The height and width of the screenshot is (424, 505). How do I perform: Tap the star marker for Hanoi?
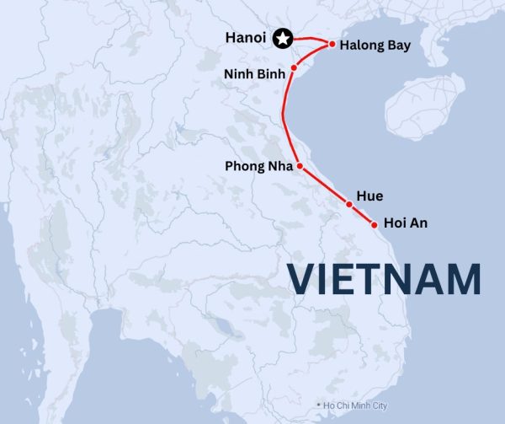[284, 38]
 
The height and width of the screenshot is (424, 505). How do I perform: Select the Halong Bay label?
[375, 45]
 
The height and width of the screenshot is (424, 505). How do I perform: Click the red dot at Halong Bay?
[332, 44]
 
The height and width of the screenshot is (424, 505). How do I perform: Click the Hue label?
[369, 196]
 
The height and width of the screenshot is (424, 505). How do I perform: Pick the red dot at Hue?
[348, 204]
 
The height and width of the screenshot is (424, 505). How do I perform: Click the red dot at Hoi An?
[374, 224]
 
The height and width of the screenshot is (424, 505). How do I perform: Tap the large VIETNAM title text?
[385, 279]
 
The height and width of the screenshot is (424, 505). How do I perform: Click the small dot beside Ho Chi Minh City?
[319, 405]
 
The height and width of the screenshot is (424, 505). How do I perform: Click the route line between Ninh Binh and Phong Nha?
[284, 118]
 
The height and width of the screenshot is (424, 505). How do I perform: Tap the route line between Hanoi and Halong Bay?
[308, 40]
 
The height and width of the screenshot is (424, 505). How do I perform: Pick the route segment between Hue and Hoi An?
[361, 214]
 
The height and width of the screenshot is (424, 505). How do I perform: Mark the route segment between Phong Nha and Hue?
[325, 186]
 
